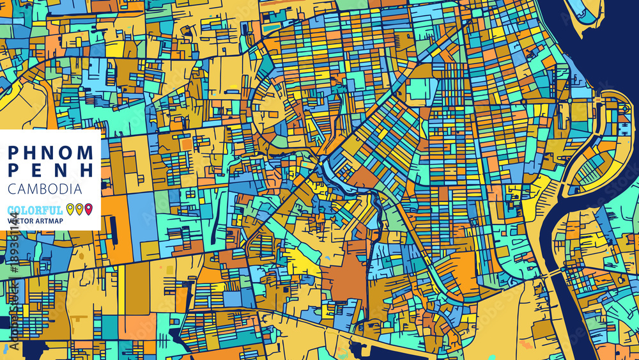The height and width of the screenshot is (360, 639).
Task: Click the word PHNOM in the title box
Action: click(x=51, y=152)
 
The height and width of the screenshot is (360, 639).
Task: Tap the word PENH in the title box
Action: click(x=51, y=171)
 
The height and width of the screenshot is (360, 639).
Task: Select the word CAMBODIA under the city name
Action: click(x=45, y=189)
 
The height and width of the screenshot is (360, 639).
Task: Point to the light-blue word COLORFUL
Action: click(x=36, y=210)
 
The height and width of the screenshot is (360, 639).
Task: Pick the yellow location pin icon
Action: click(x=70, y=208)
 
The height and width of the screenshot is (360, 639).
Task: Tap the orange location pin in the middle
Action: click(x=79, y=208)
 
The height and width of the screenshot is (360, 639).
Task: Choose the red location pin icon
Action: click(x=89, y=208)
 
